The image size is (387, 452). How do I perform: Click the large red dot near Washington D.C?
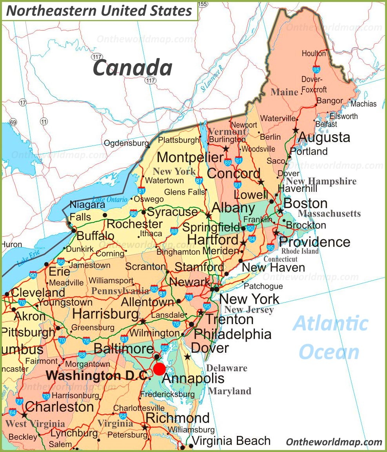coord(159,369)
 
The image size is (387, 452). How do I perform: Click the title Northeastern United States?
coord(100,11)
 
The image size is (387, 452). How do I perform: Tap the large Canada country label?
coord(133,67)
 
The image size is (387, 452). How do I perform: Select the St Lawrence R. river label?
coord(212,78)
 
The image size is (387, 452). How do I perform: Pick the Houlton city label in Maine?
coord(314,53)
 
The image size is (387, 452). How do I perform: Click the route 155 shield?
coord(202,4)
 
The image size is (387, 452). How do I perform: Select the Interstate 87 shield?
coord(199,180)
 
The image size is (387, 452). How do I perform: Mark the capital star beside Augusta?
coord(296,130)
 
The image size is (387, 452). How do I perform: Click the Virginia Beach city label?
coord(231,441)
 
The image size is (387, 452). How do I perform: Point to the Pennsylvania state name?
coord(120,291)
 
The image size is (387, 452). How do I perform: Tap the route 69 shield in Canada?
coord(13,122)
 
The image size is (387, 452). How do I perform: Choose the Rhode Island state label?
coord(300,251)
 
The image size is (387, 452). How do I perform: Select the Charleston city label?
coord(59,406)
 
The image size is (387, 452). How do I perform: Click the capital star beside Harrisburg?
coord(143,321)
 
